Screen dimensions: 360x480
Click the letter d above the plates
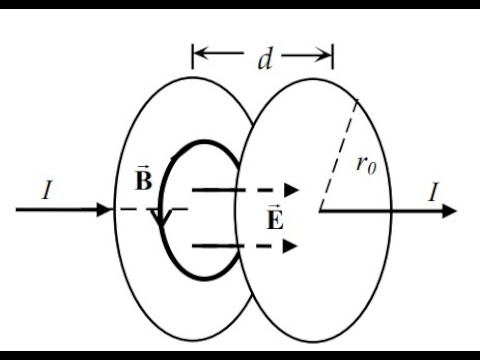264,59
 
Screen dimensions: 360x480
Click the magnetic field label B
142,182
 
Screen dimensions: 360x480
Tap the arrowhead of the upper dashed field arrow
292,189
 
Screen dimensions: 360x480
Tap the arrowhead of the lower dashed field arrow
292,244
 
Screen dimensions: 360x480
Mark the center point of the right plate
319,210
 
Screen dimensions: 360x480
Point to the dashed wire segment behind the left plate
150,210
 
